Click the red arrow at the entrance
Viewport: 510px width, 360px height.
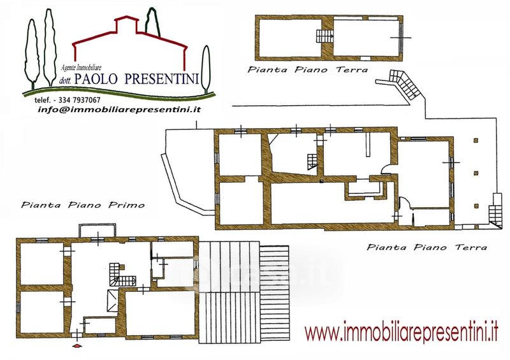[x=76, y=346]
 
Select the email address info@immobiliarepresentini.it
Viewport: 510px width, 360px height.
[x=119, y=110]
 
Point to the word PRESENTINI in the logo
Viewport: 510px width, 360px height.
[x=162, y=79]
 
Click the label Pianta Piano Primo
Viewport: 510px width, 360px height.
[x=83, y=205]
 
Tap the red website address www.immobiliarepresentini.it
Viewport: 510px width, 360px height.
[x=402, y=332]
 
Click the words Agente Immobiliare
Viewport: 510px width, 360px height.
[x=82, y=68]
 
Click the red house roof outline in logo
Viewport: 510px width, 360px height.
[x=130, y=43]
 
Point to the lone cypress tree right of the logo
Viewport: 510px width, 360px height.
[x=205, y=68]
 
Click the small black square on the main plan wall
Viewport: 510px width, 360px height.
[x=321, y=181]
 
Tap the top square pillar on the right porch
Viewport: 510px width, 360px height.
[x=476, y=140]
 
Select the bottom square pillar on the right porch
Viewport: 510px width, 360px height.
[x=476, y=206]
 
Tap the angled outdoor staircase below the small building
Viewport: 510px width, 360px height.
[x=405, y=85]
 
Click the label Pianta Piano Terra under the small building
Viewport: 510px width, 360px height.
[x=308, y=69]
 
